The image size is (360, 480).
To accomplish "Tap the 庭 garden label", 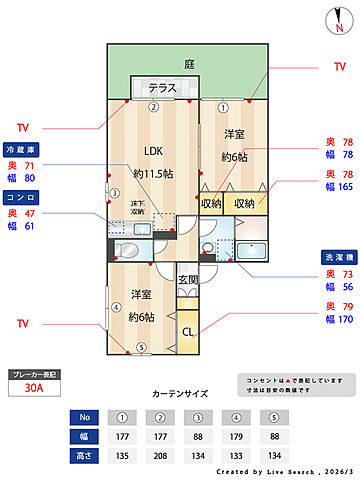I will tap(189, 64).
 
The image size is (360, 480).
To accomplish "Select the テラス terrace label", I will tap(163, 88).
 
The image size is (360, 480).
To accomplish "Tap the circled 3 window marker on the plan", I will tap(114, 193).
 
